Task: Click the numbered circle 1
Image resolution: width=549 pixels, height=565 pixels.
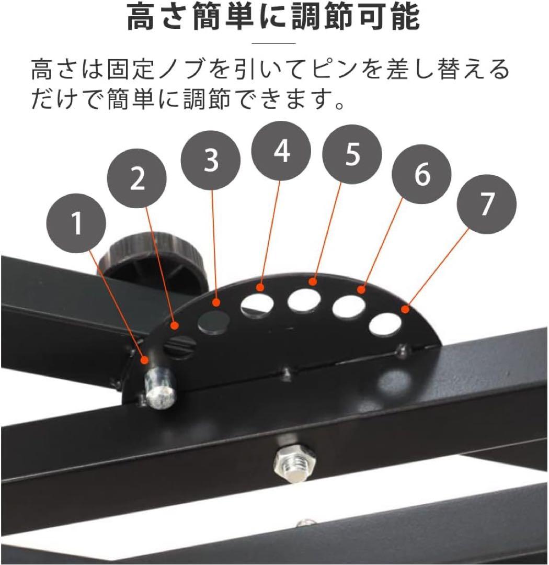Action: (76, 223)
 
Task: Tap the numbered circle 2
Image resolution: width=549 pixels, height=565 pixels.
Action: (137, 178)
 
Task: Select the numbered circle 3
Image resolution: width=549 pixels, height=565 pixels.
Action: (211, 160)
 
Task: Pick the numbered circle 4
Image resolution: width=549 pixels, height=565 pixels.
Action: (281, 151)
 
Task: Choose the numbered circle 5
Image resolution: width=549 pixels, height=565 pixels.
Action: (352, 154)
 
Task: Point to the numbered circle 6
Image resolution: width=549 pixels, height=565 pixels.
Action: (422, 174)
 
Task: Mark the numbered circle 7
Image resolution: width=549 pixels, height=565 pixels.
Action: (487, 204)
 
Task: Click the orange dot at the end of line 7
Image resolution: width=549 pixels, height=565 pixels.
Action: (405, 310)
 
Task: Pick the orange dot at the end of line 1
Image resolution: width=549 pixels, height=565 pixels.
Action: (145, 359)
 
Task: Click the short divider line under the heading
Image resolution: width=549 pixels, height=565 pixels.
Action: (273, 43)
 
